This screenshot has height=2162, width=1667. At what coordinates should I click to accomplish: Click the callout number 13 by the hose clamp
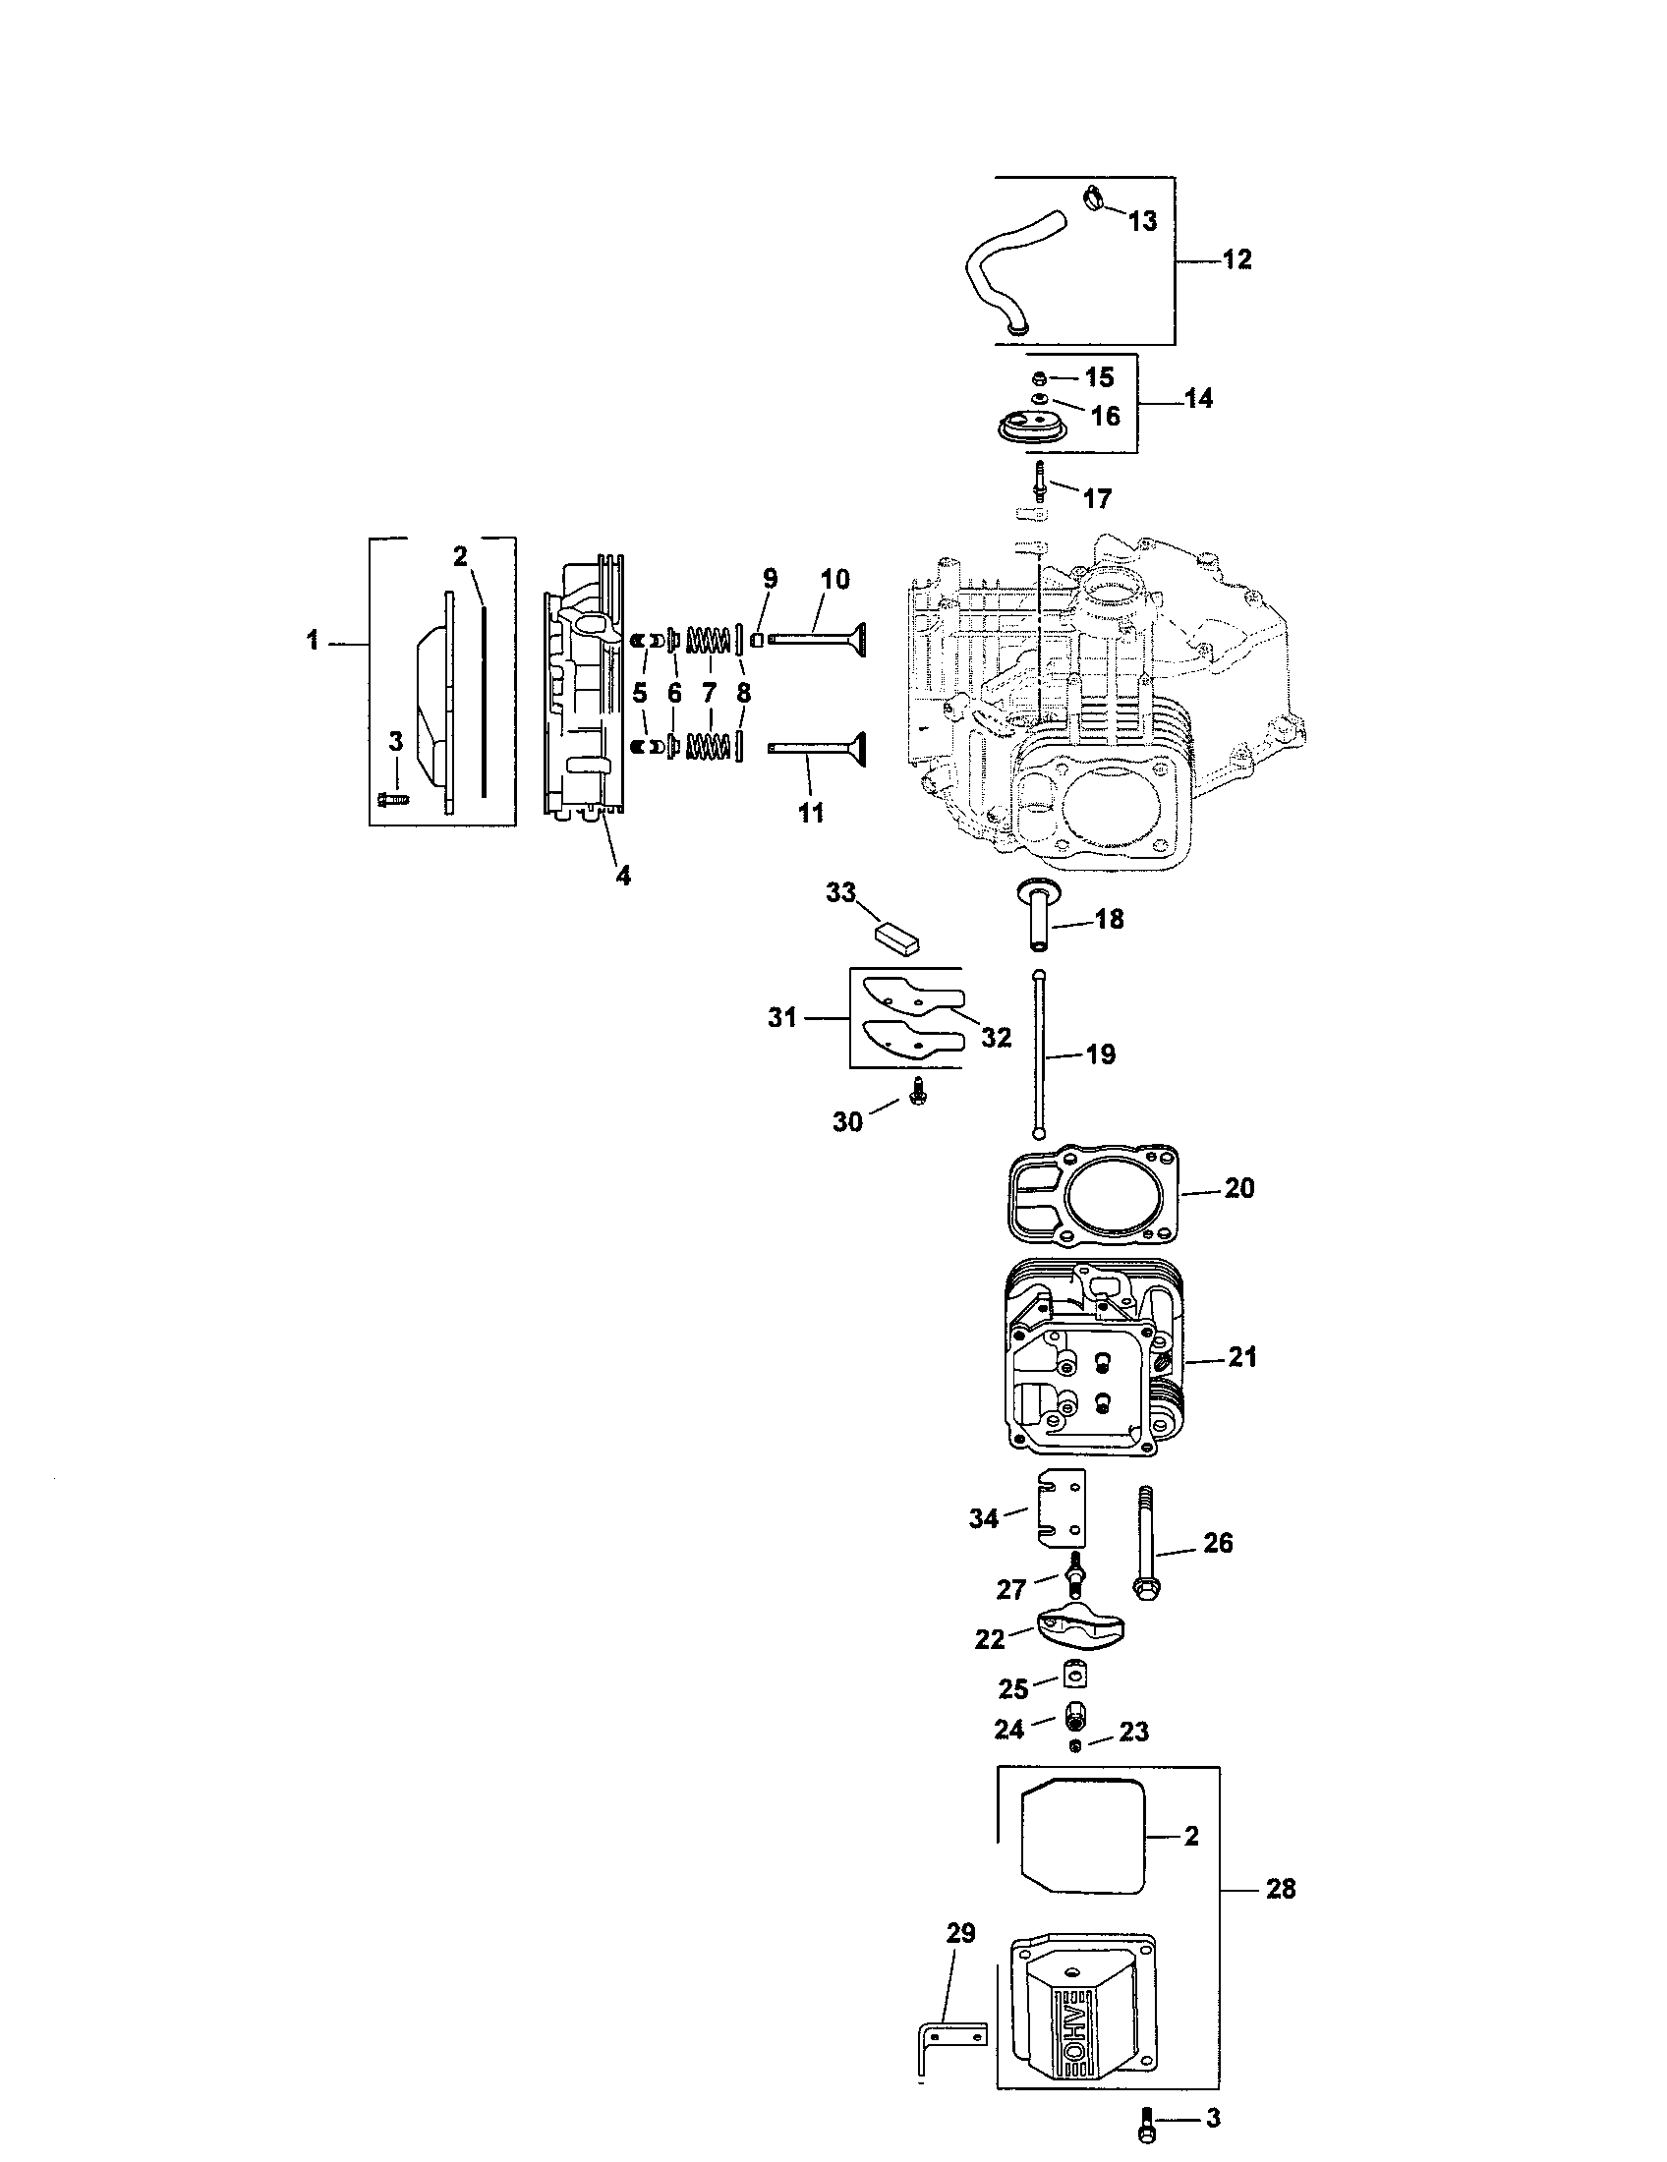click(x=1142, y=221)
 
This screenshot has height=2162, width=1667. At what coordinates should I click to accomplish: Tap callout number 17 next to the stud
click(x=1097, y=498)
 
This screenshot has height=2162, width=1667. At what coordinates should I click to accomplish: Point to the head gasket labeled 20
click(x=1094, y=1195)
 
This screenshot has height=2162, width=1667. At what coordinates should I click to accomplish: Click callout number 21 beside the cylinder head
click(x=1241, y=1356)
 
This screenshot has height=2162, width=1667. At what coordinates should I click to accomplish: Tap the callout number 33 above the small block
click(x=840, y=892)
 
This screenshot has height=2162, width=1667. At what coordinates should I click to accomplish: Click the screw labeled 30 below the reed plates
click(x=917, y=1099)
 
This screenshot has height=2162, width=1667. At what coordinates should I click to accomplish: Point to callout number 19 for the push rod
click(x=1100, y=1054)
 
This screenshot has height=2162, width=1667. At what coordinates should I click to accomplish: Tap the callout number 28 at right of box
click(x=1280, y=1889)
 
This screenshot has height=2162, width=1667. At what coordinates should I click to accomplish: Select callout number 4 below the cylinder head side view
click(x=622, y=875)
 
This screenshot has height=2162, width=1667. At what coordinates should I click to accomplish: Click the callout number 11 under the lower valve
click(x=811, y=813)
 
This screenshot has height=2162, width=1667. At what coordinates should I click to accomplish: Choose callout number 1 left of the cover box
click(x=313, y=642)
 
